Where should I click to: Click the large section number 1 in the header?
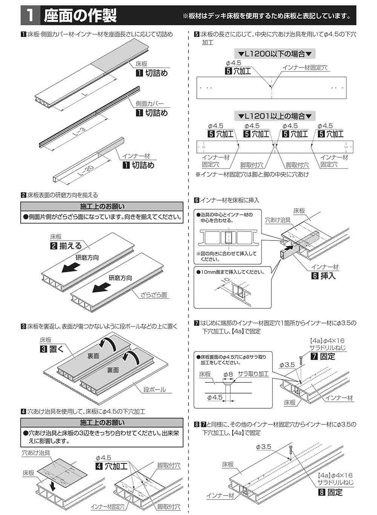coord(31,15)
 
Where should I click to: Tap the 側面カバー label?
coord(150,104)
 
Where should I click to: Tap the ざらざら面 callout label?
coord(154,295)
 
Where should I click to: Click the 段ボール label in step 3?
coord(155,389)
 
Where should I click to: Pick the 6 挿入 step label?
coord(323,276)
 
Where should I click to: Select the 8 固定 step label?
coord(330,492)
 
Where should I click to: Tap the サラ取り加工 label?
coord(254,374)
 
